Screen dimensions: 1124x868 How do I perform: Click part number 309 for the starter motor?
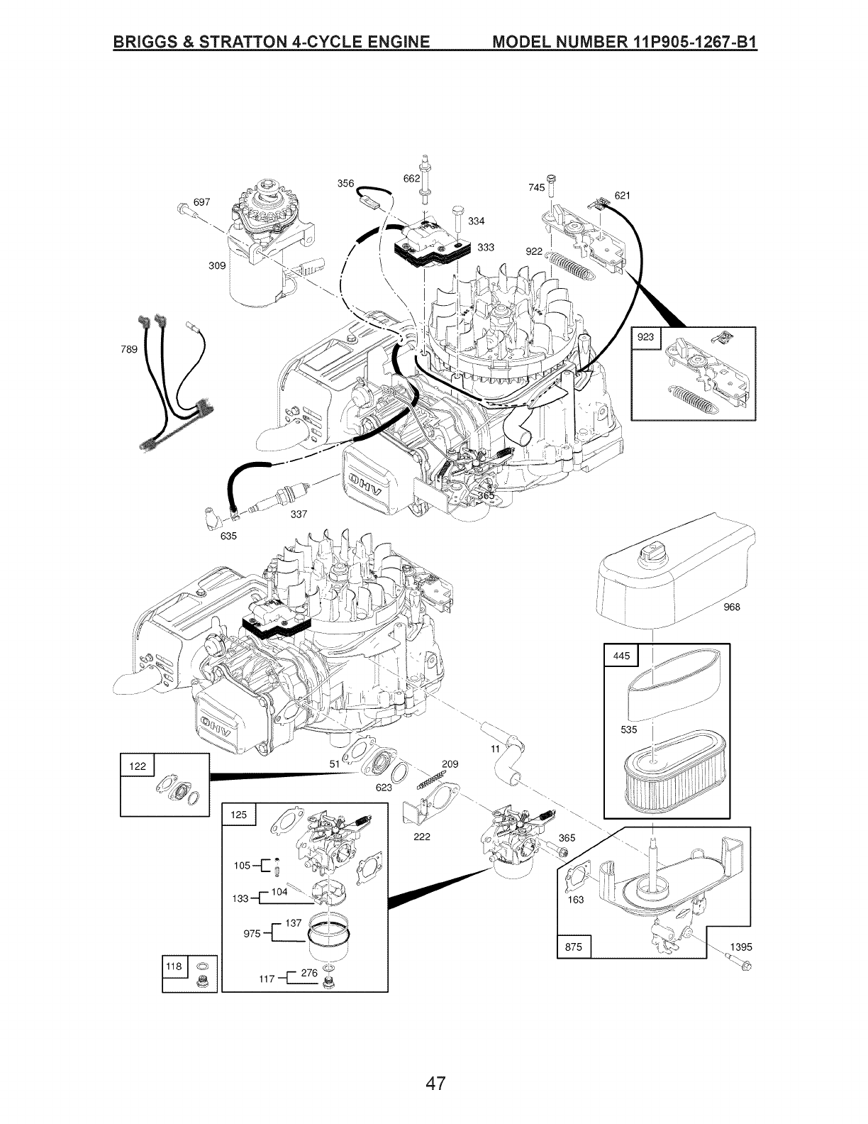point(217,266)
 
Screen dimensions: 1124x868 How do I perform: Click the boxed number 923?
point(645,338)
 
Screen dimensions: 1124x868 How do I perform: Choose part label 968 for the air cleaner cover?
point(732,606)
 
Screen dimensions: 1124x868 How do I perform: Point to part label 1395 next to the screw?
point(741,947)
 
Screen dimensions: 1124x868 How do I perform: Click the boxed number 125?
point(239,815)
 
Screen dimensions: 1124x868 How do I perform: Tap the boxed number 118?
point(174,966)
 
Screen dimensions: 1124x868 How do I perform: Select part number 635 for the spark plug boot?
point(228,536)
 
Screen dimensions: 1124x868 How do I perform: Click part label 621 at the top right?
point(622,195)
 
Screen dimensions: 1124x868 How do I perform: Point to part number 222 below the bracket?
point(422,837)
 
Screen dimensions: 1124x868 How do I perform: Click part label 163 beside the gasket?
point(576,899)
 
